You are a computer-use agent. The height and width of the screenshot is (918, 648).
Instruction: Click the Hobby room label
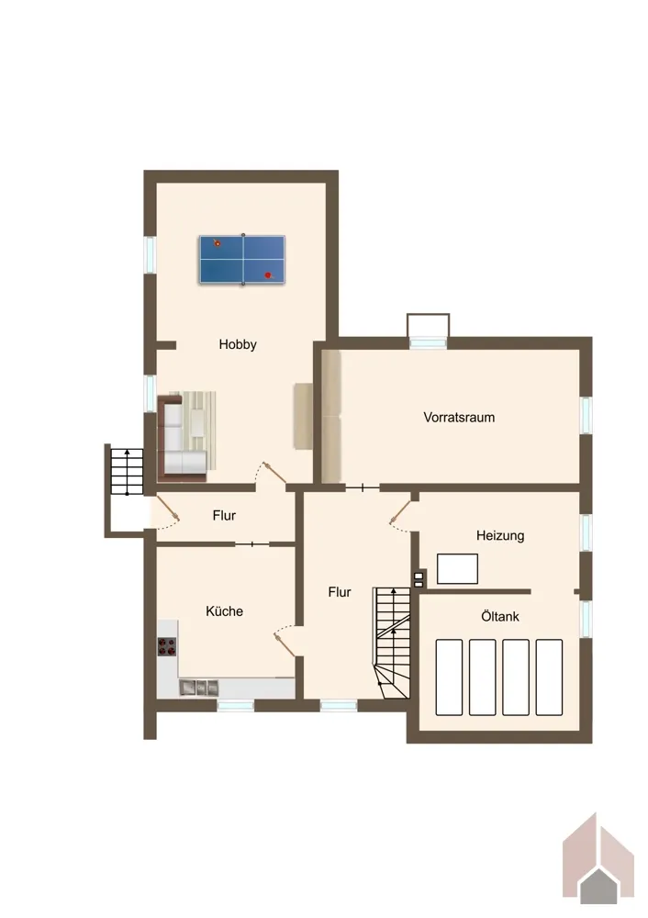238,344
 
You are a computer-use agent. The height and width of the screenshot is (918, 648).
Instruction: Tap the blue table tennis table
242,260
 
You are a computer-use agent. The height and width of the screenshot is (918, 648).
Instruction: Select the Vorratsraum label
459,418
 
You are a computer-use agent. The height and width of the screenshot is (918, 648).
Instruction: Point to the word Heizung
500,535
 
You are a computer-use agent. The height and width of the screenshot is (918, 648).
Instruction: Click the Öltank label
500,617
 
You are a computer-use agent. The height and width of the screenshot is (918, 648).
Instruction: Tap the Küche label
224,611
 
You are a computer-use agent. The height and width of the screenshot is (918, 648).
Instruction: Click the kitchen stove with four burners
167,646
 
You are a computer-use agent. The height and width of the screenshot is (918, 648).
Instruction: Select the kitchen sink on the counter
198,688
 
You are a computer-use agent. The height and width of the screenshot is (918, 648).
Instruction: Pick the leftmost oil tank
449,677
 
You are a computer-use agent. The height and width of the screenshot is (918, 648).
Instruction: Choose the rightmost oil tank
549,677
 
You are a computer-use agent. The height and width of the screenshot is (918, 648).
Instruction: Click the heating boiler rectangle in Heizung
457,568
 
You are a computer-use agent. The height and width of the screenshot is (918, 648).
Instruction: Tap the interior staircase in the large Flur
392,643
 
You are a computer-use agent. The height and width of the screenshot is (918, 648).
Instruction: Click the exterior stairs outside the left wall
127,472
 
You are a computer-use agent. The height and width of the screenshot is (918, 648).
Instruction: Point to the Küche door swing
285,640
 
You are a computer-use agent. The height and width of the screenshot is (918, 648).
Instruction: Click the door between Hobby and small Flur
271,475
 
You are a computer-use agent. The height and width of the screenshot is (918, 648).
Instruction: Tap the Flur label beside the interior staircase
340,592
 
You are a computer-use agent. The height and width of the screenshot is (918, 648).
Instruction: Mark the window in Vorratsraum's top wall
428,343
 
